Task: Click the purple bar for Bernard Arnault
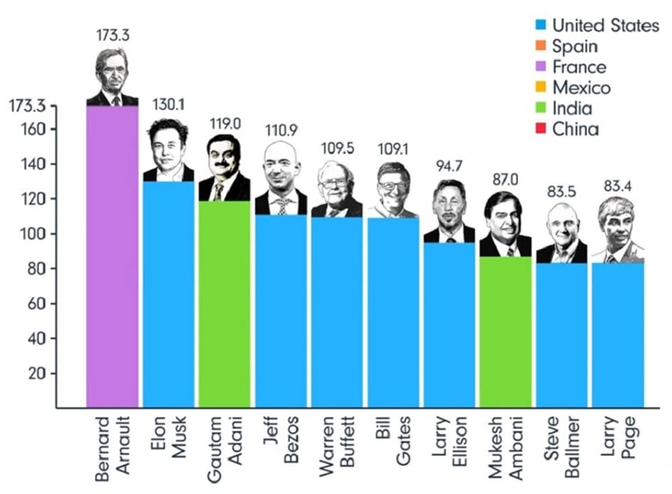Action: [x=112, y=256]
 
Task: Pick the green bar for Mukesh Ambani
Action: [x=506, y=332]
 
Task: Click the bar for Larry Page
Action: [x=618, y=335]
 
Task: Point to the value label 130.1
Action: [x=168, y=105]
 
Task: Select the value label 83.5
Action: [x=562, y=191]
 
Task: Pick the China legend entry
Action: [x=575, y=130]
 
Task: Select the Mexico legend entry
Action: [x=581, y=88]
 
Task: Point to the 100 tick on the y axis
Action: [x=36, y=234]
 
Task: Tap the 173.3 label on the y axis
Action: [x=28, y=107]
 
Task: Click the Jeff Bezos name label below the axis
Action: [x=281, y=441]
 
